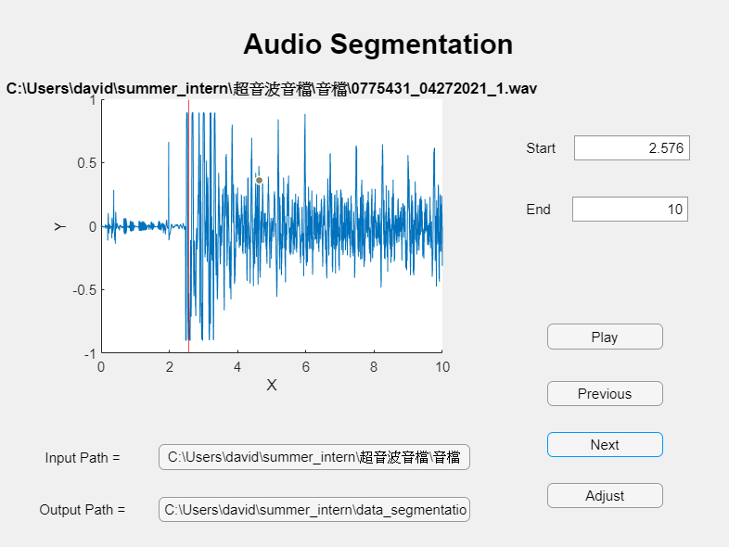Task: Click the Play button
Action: [x=605, y=337]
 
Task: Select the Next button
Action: [x=605, y=445]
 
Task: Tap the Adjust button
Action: [x=605, y=496]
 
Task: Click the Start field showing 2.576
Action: [x=632, y=148]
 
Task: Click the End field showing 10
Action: [x=630, y=210]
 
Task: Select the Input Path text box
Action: [x=314, y=457]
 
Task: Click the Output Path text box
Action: [x=314, y=509]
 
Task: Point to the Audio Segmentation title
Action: [x=377, y=44]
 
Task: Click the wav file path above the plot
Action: [x=272, y=89]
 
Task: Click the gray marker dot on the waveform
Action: [x=260, y=180]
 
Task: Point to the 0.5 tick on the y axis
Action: [x=86, y=163]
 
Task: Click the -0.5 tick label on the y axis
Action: [x=84, y=290]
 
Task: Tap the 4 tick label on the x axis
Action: [x=237, y=367]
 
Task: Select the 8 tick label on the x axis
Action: [x=374, y=367]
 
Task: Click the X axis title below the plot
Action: [x=272, y=386]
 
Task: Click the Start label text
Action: [x=541, y=148]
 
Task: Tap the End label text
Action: [x=538, y=210]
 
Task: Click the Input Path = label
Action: [x=83, y=458]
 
